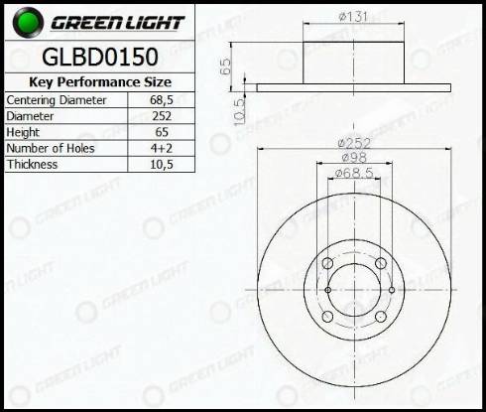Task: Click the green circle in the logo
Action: click(20, 21)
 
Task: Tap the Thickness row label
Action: click(31, 165)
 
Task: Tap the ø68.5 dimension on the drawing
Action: click(354, 174)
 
